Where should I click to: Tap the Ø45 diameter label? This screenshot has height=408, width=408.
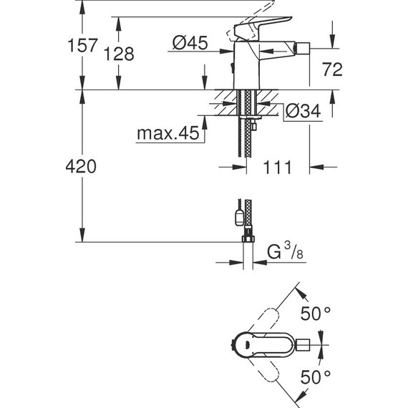[190, 44]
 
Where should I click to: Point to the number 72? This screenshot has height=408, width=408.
[332, 69]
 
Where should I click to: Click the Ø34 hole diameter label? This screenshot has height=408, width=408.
[301, 112]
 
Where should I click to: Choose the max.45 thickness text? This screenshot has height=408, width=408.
[167, 133]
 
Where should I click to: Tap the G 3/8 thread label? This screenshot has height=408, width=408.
[282, 253]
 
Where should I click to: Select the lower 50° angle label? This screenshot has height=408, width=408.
[316, 376]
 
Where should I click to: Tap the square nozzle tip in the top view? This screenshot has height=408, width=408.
[304, 344]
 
